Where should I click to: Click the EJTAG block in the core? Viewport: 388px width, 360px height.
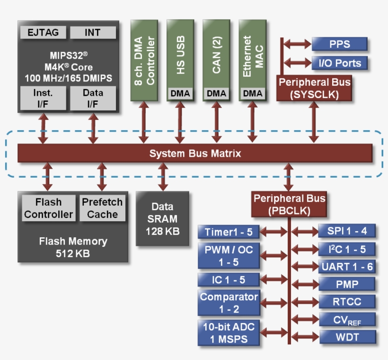43,33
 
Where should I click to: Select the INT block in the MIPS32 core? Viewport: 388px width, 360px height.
93,33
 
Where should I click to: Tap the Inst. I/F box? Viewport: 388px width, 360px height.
43,98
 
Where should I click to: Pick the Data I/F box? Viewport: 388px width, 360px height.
93,98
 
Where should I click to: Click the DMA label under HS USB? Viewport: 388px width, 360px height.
180,94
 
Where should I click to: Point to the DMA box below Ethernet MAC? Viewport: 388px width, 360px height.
252,94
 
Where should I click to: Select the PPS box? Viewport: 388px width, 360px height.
339,44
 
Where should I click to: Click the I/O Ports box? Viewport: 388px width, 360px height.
339,63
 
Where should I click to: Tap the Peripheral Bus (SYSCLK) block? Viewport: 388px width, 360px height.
314,88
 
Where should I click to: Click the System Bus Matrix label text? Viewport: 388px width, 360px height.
195,153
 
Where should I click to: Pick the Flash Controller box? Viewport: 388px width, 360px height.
49,208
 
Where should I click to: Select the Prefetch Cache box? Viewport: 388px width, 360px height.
102,208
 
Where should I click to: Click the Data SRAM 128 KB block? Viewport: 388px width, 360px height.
162,219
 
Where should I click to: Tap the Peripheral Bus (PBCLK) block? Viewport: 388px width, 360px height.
289,204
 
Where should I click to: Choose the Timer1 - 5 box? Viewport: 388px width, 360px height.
229,232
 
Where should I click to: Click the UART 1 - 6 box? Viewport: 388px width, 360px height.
347,267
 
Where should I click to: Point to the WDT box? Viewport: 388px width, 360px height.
347,337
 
